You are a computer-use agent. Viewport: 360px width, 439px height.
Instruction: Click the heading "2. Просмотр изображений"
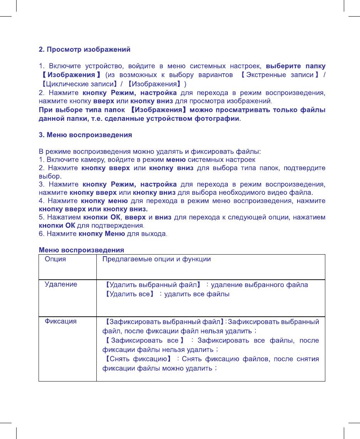(84, 50)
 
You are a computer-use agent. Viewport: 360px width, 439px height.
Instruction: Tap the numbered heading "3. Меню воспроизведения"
(86, 135)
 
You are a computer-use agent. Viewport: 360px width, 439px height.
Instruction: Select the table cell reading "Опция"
(56, 259)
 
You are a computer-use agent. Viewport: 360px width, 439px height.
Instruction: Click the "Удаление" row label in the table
(61, 284)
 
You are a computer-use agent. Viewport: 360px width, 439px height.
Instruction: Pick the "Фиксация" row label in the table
(61, 321)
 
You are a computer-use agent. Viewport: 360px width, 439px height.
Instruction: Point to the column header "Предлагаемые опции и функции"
(156, 259)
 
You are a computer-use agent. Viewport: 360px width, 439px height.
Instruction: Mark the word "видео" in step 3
(279, 192)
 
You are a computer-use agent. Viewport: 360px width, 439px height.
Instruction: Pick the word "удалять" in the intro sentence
(160, 150)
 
